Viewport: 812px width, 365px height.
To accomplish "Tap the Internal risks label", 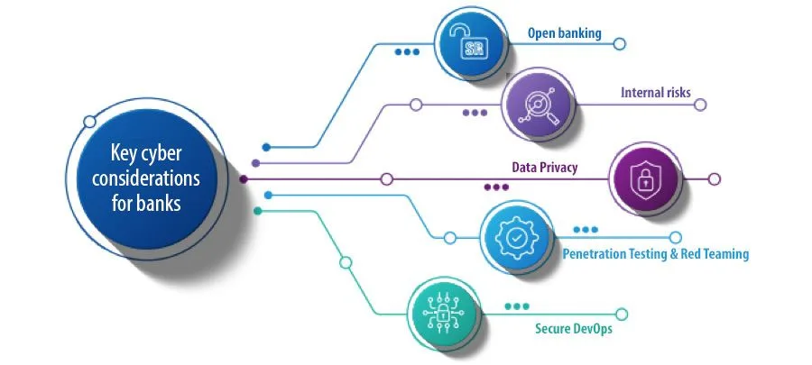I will click(x=655, y=93).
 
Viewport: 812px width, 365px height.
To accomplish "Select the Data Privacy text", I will click(x=544, y=167).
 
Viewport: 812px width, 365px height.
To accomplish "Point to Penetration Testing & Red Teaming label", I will click(x=655, y=254).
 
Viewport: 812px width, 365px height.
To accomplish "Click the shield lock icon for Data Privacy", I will click(x=645, y=178).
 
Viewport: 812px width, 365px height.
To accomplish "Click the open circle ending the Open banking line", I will click(x=619, y=43).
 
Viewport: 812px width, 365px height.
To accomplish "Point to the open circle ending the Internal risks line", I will click(x=699, y=105).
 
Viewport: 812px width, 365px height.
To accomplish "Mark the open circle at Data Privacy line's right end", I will click(x=715, y=179).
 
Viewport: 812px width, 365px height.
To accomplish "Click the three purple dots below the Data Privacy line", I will click(x=496, y=187).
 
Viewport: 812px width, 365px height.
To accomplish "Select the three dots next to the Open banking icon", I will click(x=407, y=51).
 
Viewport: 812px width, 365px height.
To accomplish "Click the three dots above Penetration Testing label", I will click(x=586, y=230).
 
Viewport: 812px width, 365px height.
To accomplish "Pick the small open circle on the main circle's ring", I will click(x=89, y=121).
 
